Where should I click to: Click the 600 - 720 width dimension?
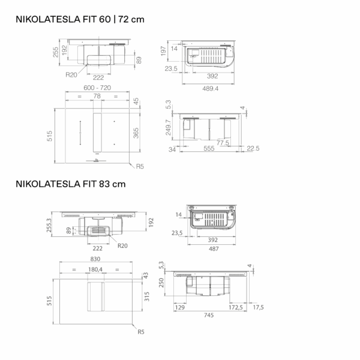click(97, 88)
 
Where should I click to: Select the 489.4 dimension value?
click(211, 89)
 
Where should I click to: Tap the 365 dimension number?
click(136, 133)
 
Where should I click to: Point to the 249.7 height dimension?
click(169, 127)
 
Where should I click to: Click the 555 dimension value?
click(209, 148)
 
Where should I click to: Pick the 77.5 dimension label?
click(223, 143)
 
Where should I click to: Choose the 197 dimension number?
click(163, 51)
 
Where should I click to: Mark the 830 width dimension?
click(95, 259)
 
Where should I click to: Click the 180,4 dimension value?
click(95, 269)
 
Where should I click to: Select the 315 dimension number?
click(147, 296)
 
